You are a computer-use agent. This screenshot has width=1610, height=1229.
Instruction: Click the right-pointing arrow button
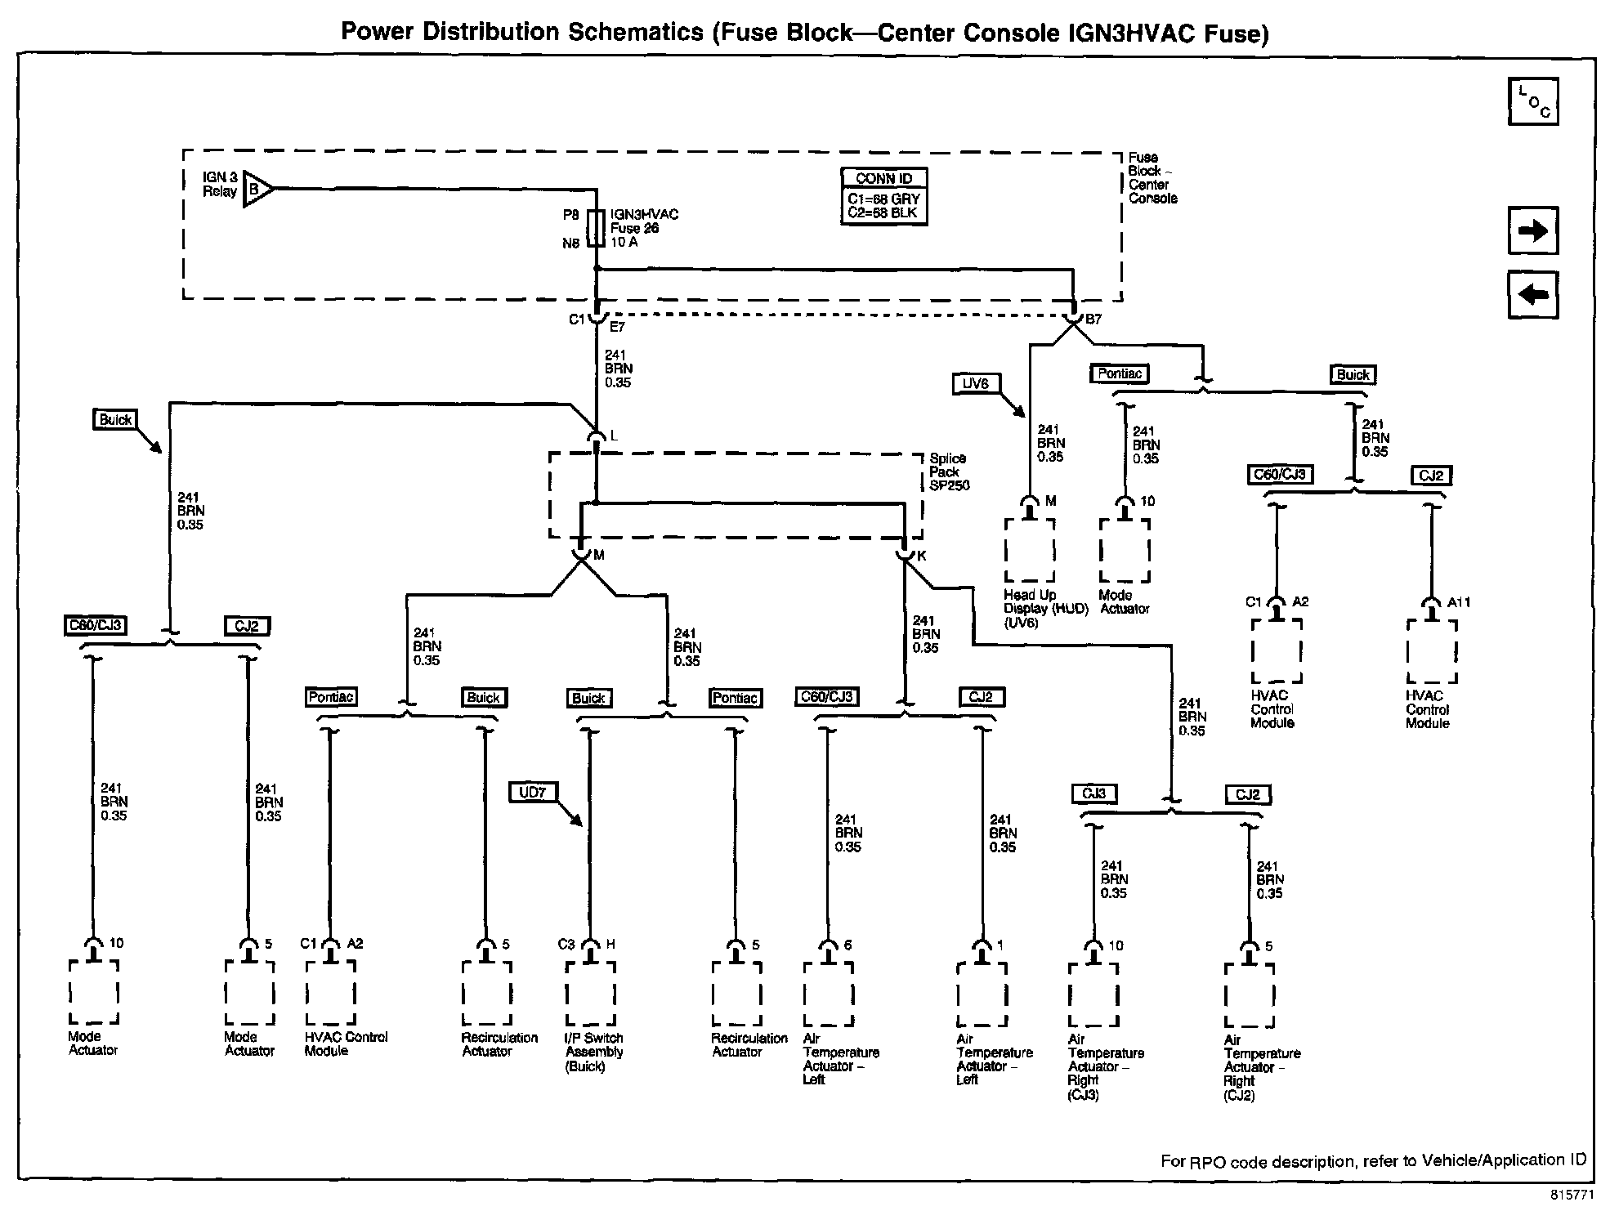1532,230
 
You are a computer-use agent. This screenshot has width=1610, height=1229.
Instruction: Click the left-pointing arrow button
1532,293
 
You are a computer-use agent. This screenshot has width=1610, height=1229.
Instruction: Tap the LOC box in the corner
1532,101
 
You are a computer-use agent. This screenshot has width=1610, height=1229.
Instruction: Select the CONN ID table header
883,179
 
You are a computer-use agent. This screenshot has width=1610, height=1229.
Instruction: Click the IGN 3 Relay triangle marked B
257,190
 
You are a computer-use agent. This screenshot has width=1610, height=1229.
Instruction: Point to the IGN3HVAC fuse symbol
596,228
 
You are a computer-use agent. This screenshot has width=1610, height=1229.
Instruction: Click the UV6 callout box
976,383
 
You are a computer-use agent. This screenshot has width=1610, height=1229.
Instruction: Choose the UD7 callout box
533,792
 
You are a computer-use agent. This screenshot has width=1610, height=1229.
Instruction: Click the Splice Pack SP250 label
950,471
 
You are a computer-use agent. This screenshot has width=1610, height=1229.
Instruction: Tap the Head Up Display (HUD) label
1046,609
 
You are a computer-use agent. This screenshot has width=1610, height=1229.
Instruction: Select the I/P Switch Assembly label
594,1052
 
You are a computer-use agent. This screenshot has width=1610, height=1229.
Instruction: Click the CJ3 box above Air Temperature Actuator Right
1094,793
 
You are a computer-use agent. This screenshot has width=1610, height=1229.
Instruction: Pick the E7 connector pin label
617,327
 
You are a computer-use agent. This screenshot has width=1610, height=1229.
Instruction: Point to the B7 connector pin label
1093,320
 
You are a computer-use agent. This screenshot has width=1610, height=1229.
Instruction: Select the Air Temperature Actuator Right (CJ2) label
1262,1067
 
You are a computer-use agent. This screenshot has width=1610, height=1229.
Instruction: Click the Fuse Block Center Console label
1152,177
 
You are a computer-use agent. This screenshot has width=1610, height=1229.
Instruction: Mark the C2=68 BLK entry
883,213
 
